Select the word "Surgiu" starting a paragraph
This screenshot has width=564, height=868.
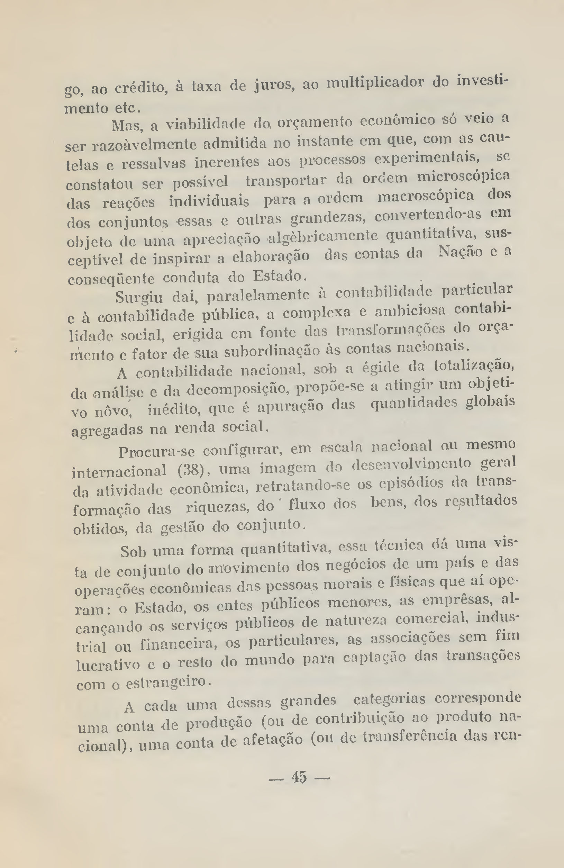(x=139, y=297)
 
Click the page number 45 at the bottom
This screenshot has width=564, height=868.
(x=299, y=777)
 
